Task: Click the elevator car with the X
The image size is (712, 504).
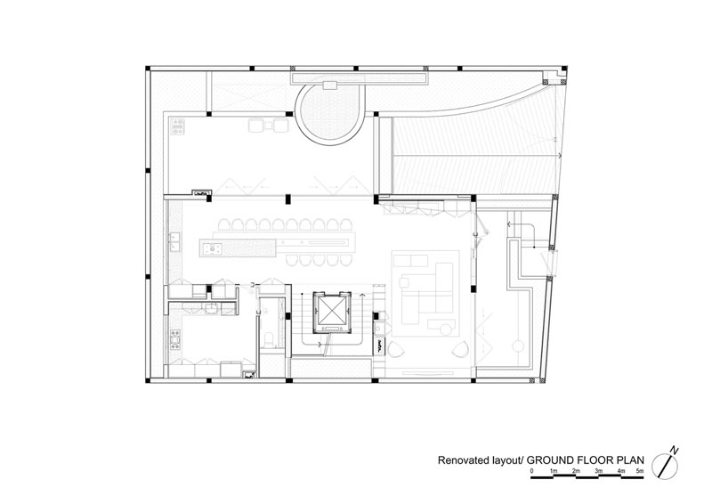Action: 330,310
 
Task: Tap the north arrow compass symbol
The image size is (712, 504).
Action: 665,466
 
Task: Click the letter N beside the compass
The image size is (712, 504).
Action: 676,451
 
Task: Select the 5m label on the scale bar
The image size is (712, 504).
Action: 639,471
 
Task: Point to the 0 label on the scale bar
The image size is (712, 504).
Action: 531,471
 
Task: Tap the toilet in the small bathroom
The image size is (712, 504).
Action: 269,339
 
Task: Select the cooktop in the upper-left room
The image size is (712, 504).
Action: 177,126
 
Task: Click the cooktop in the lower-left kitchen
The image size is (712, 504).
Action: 175,339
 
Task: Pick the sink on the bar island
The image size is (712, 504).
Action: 212,248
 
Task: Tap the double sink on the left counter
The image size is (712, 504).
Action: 174,242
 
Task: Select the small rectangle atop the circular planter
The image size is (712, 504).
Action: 329,85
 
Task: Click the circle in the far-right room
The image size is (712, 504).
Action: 518,346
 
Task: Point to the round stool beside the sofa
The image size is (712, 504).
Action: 404,282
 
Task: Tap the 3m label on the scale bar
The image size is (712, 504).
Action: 599,471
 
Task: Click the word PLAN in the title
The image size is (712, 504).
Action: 631,459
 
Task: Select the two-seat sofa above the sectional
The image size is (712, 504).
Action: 411,261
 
